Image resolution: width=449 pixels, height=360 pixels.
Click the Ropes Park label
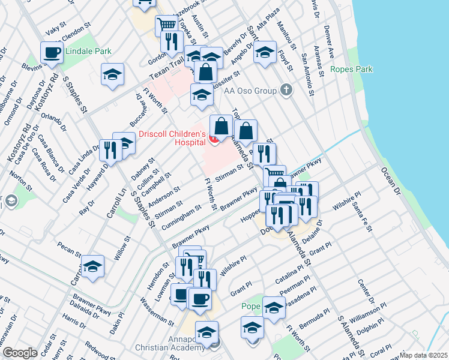click(351, 70)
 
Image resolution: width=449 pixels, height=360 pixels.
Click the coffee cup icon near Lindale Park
click(52, 52)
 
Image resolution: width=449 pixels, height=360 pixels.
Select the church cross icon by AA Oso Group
click(286, 91)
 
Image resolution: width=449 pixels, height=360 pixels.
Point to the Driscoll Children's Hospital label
click(172, 137)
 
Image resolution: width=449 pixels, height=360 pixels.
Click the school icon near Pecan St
click(93, 267)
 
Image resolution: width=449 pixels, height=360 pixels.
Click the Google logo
click(20, 353)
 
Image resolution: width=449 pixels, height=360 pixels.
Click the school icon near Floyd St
click(265, 52)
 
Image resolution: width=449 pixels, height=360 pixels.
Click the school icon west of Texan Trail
click(112, 75)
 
